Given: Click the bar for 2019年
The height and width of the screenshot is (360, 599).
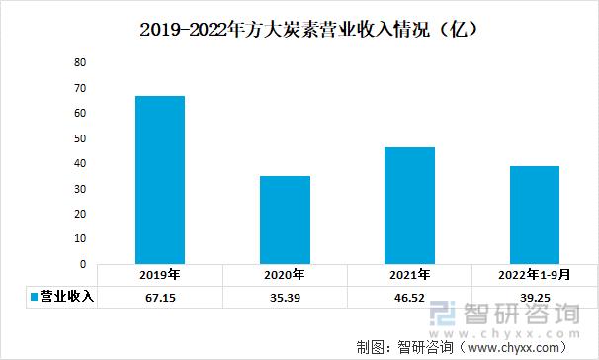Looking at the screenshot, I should [160, 180].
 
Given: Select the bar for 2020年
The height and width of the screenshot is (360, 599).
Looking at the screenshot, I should [285, 221].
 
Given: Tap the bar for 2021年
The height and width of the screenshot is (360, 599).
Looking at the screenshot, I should [409, 206].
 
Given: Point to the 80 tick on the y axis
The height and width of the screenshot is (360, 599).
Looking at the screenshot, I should [81, 62].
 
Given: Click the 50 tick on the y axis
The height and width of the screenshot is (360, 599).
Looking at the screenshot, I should [81, 138].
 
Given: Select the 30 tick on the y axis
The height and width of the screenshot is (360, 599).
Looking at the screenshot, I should [81, 189].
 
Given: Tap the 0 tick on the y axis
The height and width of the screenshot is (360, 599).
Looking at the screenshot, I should [84, 265].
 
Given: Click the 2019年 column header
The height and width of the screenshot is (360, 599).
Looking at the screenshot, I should [160, 275].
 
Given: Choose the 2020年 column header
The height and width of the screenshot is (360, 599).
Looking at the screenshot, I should [285, 275].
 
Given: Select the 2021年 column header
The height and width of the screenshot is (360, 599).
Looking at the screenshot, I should [409, 275].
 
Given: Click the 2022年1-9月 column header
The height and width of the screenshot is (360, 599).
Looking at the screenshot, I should [534, 275].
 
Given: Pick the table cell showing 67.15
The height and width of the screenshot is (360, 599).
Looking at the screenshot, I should [160, 297].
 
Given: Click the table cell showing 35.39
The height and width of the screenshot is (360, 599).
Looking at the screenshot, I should [285, 297].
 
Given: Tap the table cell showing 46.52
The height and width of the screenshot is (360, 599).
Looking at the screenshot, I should [409, 297].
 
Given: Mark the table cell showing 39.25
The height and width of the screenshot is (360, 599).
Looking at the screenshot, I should [534, 297].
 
